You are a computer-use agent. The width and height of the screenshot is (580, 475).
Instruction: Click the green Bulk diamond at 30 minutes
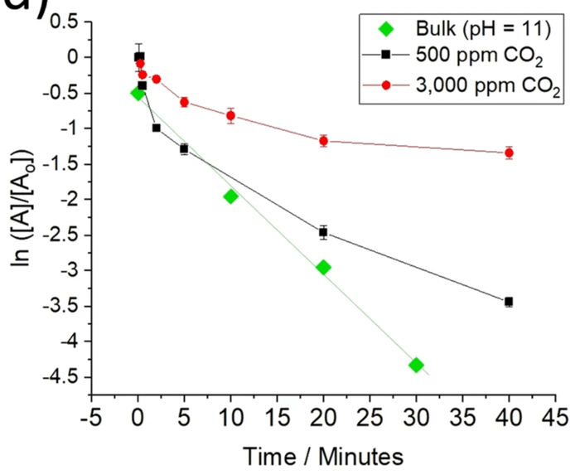[416, 365]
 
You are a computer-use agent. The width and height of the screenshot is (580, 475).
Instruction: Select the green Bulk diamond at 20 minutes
[323, 267]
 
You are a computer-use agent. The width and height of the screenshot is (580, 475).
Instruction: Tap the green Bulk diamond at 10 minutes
[230, 196]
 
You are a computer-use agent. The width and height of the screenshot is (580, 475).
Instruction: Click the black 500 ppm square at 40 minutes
[509, 302]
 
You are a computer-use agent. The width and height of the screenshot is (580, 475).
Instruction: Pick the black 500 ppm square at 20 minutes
[323, 232]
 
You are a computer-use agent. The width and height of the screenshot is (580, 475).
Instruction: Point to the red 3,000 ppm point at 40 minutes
[509, 153]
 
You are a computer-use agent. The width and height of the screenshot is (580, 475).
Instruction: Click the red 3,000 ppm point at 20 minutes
[323, 141]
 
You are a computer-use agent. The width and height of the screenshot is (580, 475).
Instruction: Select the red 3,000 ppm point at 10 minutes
[230, 115]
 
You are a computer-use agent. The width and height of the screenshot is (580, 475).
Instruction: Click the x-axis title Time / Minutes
[322, 456]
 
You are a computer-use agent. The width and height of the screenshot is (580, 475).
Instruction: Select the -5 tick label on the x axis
[91, 414]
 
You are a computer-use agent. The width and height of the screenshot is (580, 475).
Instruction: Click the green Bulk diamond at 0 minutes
[138, 93]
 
